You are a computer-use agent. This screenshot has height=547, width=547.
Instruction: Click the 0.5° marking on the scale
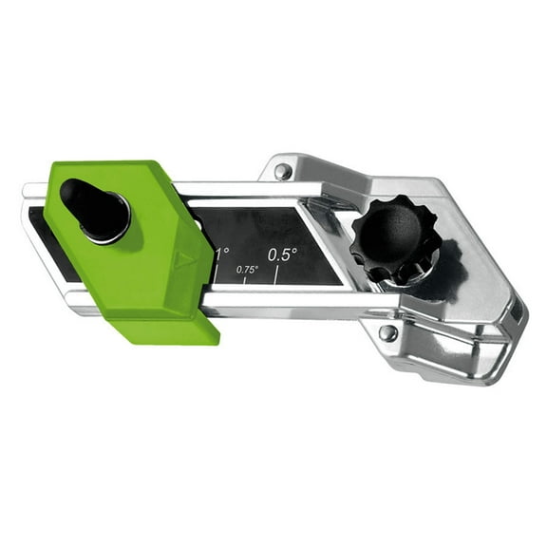tap(282, 255)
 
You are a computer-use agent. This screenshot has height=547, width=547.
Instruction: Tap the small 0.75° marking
tap(247, 270)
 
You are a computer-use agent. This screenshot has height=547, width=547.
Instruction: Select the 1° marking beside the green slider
tap(222, 254)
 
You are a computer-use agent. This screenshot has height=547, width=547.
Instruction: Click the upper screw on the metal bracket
tap(282, 172)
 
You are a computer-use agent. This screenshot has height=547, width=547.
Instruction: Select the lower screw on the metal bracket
tap(387, 332)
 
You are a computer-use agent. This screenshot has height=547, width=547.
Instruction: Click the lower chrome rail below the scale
tap(285, 302)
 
